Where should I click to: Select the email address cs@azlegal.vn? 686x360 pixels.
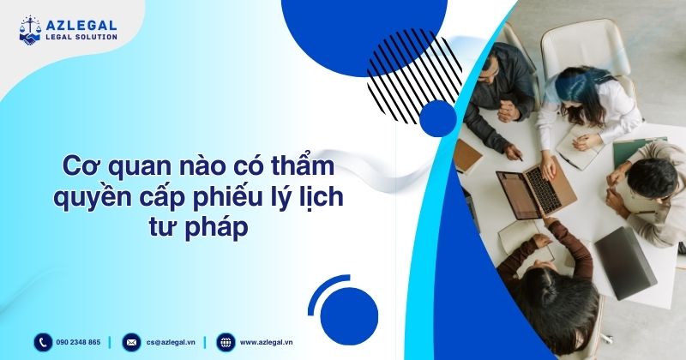pyautogui.click(x=170, y=342)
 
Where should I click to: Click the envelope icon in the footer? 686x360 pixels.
pyautogui.click(x=131, y=342)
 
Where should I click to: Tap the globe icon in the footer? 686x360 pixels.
pyautogui.click(x=225, y=342)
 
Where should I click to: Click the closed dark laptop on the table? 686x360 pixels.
pyautogui.click(x=624, y=261)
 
